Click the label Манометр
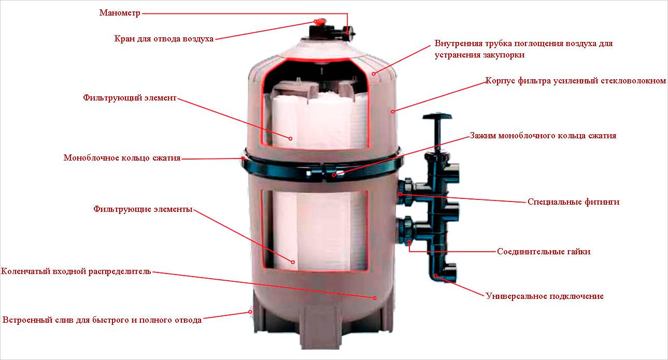coord(120,13)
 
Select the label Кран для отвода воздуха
coord(164,39)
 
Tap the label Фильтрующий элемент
coord(130,97)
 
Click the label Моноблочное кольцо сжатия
coord(122,158)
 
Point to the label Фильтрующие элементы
coord(143,209)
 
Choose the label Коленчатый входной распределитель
coord(76,271)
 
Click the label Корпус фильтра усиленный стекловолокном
coord(575,81)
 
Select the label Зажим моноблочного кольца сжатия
coord(543,136)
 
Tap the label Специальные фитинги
coord(573,202)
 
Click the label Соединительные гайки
coord(544,252)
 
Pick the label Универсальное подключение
coord(545,296)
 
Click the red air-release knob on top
coord(319,22)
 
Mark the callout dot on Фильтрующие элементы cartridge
coord(293,262)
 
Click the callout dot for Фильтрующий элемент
coord(291,138)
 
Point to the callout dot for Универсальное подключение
coord(436,275)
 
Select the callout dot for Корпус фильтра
coord(393,111)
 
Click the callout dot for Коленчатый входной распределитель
coord(375,297)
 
